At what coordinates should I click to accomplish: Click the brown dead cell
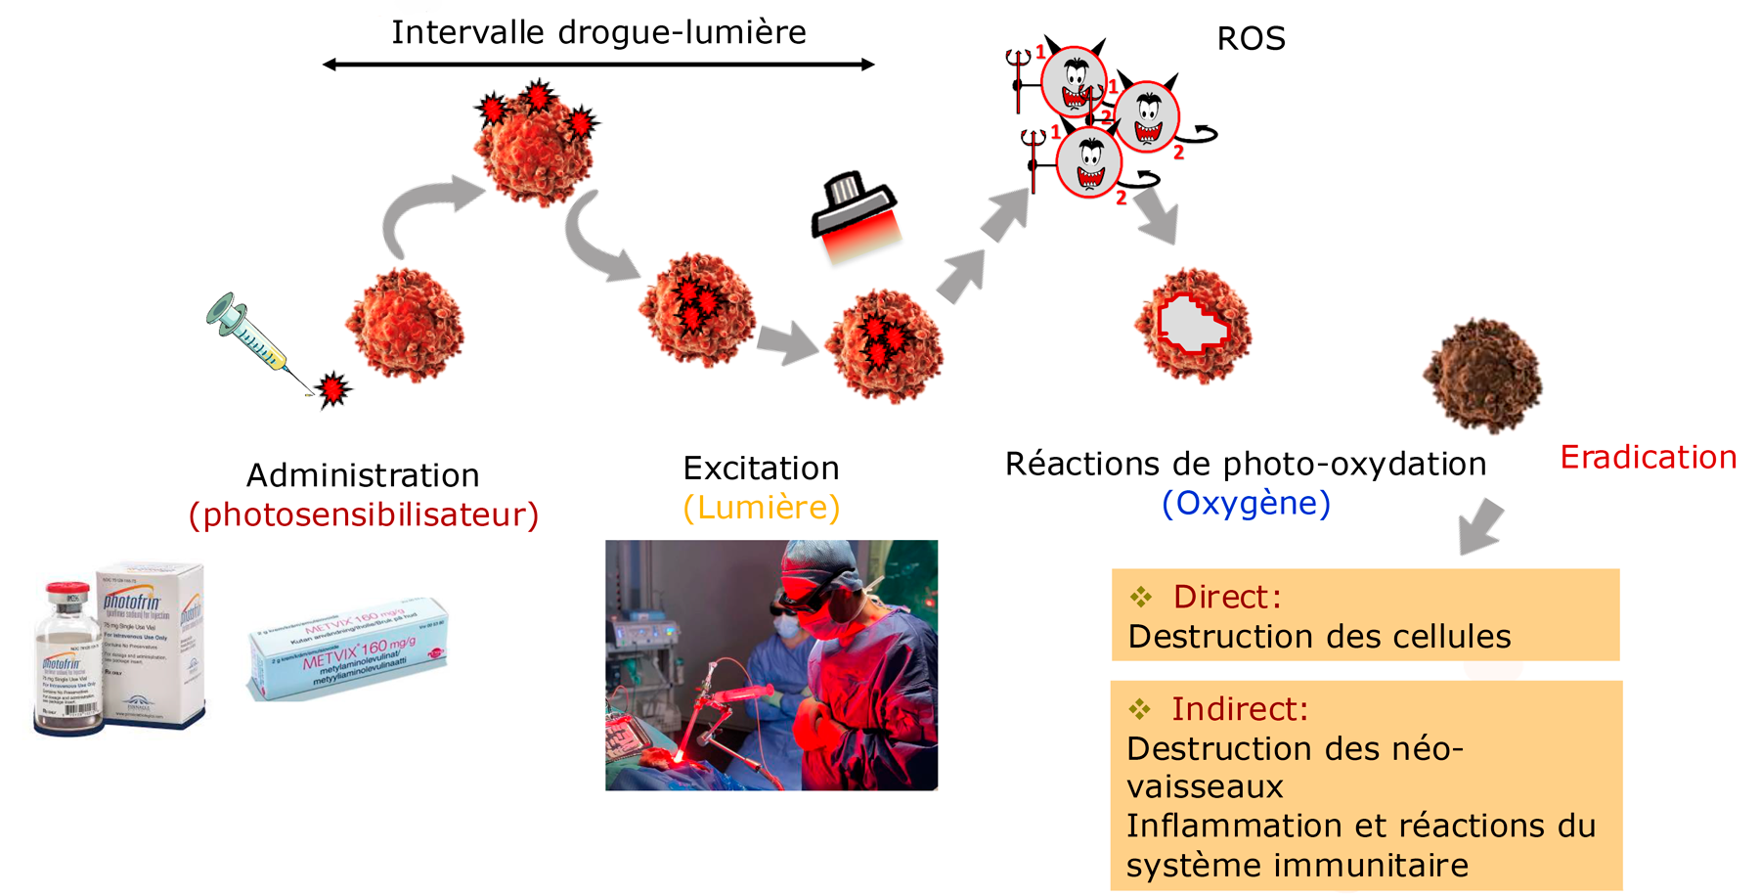point(1482,375)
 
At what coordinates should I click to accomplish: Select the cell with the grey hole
point(1193,326)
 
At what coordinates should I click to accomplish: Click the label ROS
point(1251,39)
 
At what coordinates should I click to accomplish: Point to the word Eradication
point(1648,457)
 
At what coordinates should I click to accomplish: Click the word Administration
point(363,475)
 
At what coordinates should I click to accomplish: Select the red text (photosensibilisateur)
point(364,515)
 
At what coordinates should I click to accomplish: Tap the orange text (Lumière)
point(762,508)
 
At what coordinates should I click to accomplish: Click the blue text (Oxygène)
point(1246,503)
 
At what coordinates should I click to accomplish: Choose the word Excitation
point(761,469)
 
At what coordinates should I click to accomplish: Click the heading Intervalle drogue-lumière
point(598,32)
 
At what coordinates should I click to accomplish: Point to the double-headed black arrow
point(598,65)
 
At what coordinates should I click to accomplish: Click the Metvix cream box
point(349,649)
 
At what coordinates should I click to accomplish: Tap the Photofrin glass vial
point(67,660)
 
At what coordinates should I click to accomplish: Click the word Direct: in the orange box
point(1226,597)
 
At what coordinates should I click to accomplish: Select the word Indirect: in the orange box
point(1239,709)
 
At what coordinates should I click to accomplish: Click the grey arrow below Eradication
point(1481,525)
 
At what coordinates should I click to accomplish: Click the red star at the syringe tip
point(334,388)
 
